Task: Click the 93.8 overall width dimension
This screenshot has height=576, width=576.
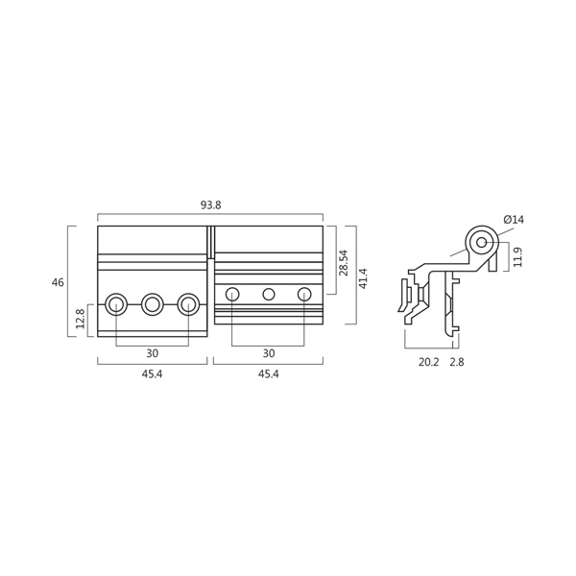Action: click(211, 205)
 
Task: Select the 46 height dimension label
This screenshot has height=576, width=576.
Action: click(58, 282)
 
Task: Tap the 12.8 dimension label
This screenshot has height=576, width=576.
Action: click(80, 318)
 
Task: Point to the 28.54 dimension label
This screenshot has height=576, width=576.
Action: click(344, 263)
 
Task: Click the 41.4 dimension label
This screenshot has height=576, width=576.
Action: click(363, 278)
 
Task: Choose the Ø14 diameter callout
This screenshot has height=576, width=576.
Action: click(514, 220)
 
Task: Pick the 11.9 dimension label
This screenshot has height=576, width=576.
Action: click(517, 257)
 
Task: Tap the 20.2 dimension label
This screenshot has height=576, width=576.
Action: click(429, 362)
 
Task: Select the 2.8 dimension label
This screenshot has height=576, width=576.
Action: click(457, 362)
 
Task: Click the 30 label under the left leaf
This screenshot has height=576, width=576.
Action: click(152, 353)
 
